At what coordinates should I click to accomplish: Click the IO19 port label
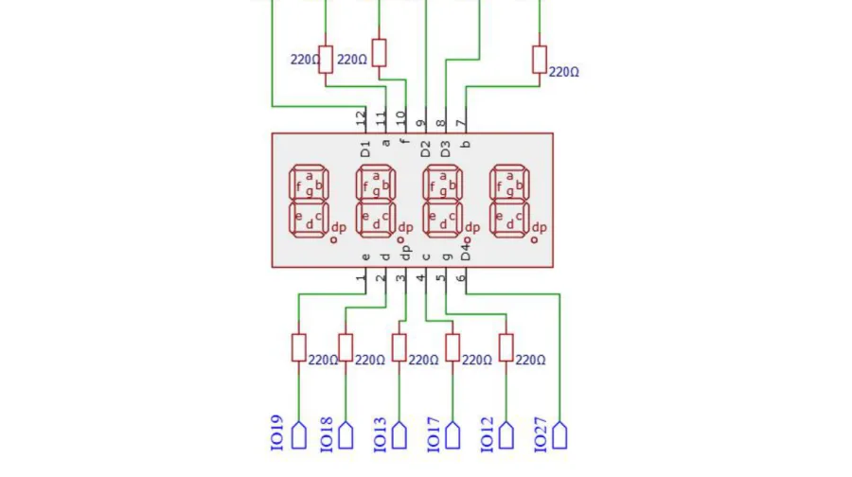276,433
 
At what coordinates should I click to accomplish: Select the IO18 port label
326,434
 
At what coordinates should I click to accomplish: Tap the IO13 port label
380,434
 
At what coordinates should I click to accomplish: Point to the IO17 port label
433,434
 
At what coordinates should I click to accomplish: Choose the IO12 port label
487,434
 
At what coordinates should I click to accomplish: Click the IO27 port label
540,434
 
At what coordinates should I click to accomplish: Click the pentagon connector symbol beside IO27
559,435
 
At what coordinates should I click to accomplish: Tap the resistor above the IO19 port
299,347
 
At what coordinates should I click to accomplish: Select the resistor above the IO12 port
506,347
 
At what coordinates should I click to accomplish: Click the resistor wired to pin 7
540,60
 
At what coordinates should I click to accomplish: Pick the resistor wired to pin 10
380,53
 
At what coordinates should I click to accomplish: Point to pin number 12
361,118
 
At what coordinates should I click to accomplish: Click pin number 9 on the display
420,123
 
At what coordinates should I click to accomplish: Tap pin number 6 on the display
461,277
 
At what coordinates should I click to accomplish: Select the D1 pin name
365,149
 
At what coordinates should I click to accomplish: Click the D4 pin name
465,252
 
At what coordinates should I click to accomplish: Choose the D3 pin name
445,149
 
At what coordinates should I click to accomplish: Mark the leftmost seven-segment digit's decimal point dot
333,239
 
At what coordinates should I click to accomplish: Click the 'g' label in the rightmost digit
509,191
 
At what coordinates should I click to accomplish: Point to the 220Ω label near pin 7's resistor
563,72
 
